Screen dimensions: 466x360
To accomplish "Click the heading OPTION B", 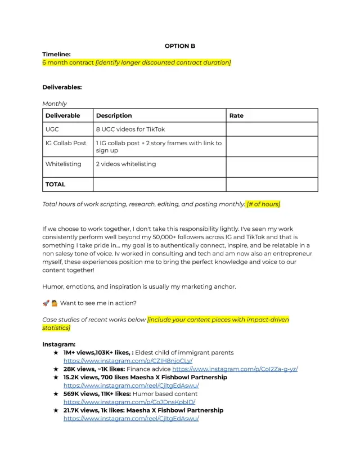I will tap(180, 46).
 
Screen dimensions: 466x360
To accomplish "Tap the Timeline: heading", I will tap(56, 54).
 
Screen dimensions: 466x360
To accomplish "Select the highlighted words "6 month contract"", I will tap(68, 62).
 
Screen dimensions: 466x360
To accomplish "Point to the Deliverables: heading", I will tap(62, 87).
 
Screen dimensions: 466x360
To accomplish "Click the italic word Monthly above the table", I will tap(55, 104).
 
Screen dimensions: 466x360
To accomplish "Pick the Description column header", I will tap(114, 115).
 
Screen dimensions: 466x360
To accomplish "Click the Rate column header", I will tap(236, 115).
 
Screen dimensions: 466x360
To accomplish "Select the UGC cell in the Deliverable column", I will tap(52, 129).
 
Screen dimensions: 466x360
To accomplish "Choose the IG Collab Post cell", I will tap(66, 143).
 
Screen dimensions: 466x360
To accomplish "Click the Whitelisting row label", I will tap(63, 164).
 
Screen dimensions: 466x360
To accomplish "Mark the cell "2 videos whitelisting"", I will tap(126, 164).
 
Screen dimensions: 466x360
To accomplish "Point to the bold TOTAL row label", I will tap(56, 184).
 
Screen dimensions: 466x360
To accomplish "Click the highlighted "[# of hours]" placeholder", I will tap(263, 204).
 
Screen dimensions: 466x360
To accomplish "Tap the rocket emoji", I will tap(46, 303).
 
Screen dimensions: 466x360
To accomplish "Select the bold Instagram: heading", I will tap(59, 344).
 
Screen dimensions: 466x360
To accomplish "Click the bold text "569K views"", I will tap(83, 394).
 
